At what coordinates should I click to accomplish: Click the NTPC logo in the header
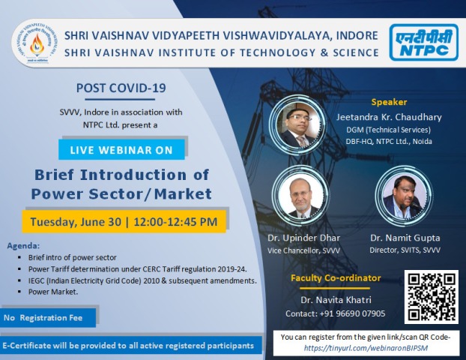pyautogui.click(x=424, y=43)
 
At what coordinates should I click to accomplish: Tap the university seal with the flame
pyautogui.click(x=36, y=43)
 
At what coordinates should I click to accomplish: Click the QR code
pyautogui.click(x=432, y=297)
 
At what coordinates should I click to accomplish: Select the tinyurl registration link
pyautogui.click(x=366, y=348)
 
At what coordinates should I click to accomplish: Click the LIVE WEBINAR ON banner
pyautogui.click(x=121, y=150)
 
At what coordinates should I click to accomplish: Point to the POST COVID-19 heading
pyautogui.click(x=121, y=88)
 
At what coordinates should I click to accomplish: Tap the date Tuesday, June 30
pyautogui.click(x=76, y=222)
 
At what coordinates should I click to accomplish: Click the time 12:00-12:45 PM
pyautogui.click(x=175, y=222)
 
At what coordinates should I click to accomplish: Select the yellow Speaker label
pyautogui.click(x=389, y=102)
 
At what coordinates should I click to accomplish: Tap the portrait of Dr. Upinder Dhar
pyautogui.click(x=301, y=195)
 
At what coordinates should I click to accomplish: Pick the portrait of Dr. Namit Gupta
pyautogui.click(x=404, y=195)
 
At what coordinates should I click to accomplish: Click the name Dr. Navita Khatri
pyautogui.click(x=336, y=299)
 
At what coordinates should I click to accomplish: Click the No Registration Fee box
pyautogui.click(x=48, y=318)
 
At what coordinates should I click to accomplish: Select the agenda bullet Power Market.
pyautogui.click(x=53, y=292)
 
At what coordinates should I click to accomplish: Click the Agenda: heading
pyautogui.click(x=23, y=246)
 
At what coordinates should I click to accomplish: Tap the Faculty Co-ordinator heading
pyautogui.click(x=336, y=278)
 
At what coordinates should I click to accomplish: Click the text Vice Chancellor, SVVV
pyautogui.click(x=303, y=250)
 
